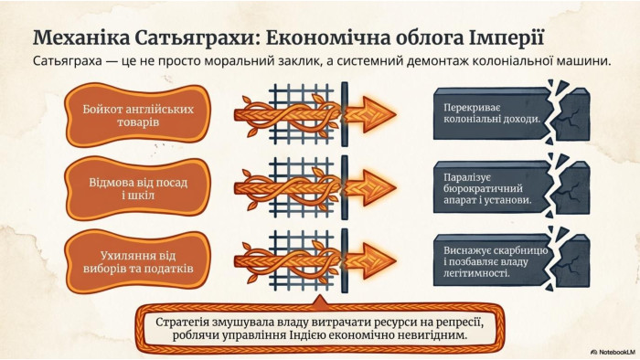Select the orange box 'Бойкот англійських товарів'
[138, 115]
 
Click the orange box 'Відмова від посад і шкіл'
[138, 188]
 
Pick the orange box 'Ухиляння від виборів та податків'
[138, 261]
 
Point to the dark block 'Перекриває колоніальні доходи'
[511, 113]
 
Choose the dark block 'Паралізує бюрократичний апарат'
[511, 187]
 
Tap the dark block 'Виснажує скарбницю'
[511, 260]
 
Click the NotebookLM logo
[613, 352]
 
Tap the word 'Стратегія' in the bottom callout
[182, 323]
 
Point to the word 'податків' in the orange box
[170, 269]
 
